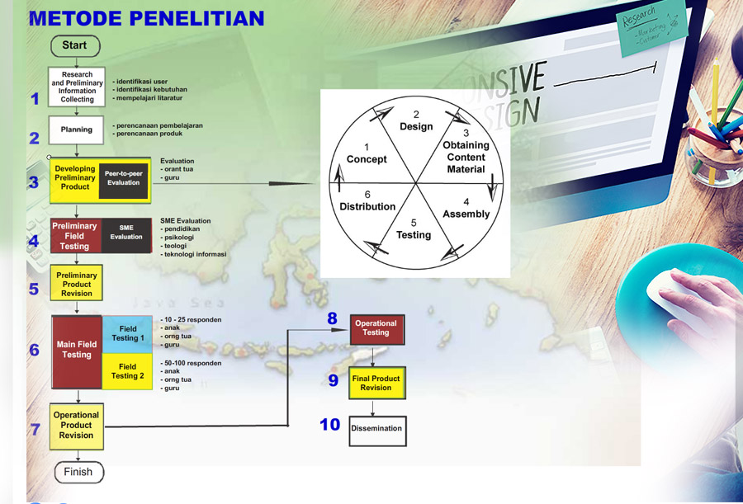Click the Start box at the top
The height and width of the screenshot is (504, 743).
(x=75, y=45)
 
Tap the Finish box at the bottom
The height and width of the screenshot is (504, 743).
(x=79, y=472)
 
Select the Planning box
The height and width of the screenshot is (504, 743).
(x=77, y=130)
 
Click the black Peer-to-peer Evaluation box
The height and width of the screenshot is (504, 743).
(x=123, y=177)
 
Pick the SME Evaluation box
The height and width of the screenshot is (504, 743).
(x=127, y=233)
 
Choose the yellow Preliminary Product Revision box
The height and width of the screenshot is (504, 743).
(x=77, y=284)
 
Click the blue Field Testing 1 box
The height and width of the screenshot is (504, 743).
(x=127, y=333)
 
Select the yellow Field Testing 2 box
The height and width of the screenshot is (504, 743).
(x=127, y=371)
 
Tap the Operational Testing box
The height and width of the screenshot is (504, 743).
(x=376, y=328)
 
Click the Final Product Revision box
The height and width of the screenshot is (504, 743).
(x=376, y=383)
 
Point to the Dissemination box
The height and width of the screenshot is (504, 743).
(x=376, y=429)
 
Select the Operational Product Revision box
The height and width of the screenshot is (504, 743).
(x=77, y=426)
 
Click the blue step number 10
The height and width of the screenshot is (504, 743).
(x=330, y=425)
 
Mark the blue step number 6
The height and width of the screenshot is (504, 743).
(x=34, y=350)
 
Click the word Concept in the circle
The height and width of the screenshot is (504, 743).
(x=367, y=158)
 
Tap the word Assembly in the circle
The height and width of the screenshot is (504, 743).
(x=466, y=214)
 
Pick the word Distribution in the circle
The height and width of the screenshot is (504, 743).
(x=367, y=205)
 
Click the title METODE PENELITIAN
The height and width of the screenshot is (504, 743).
(x=146, y=18)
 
